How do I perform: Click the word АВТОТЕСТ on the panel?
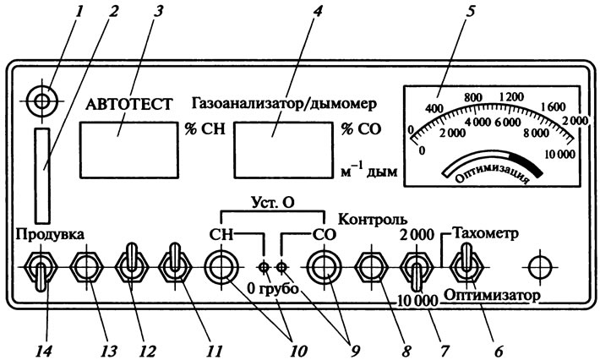(129, 104)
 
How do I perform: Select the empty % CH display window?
(129, 150)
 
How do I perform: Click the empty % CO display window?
(284, 150)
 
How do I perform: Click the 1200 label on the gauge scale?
(511, 96)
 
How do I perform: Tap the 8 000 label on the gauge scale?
(536, 133)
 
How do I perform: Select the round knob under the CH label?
(221, 267)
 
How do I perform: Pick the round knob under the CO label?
(325, 267)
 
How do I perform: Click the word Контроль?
(373, 220)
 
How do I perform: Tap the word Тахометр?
(485, 232)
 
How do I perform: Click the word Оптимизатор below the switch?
(492, 295)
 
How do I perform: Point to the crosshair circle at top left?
(42, 101)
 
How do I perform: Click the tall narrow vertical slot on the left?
(42, 176)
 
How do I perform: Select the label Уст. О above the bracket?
(272, 202)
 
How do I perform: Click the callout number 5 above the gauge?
(470, 11)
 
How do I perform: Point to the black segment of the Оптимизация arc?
(526, 162)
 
